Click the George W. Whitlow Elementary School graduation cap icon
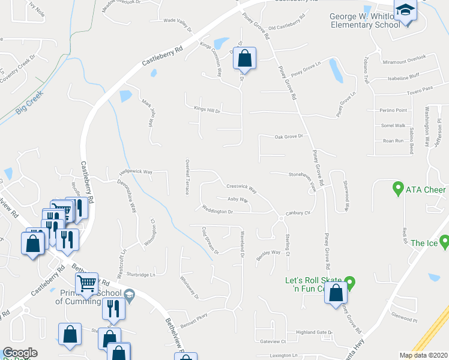point(405,10)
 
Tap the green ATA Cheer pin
point(397,190)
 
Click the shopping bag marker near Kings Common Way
point(244,59)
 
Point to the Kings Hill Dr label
point(207,109)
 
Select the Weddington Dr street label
point(217,211)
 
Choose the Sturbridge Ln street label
point(141,274)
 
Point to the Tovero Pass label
point(420,88)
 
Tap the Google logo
point(20,353)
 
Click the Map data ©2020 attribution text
point(423,355)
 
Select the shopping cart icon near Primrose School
point(87,284)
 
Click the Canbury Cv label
point(297,213)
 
